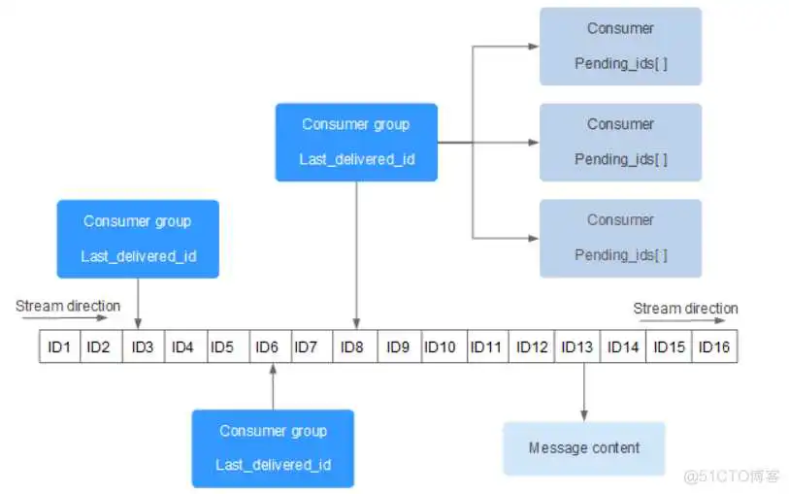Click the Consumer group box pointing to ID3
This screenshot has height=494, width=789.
138,239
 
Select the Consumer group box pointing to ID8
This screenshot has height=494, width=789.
356,142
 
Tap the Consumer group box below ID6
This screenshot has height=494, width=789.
273,447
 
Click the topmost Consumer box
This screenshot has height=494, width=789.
620,46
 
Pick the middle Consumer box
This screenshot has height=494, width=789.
620,142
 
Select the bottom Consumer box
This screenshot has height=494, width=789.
620,238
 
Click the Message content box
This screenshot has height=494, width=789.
584,448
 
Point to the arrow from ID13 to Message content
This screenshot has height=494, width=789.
584,392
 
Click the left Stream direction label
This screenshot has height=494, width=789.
68,306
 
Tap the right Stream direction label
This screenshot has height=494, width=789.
685,309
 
